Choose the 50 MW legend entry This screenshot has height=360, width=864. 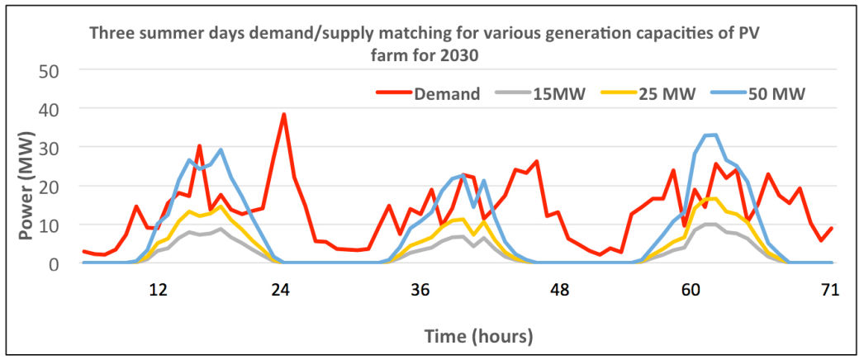pyautogui.click(x=777, y=93)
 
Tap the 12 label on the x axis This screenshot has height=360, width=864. pyautogui.click(x=158, y=290)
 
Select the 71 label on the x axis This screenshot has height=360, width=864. pyautogui.click(x=830, y=290)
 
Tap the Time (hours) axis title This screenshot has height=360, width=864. pyautogui.click(x=478, y=336)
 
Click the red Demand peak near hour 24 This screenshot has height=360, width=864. pyautogui.click(x=283, y=115)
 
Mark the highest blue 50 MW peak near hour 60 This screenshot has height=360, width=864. pyautogui.click(x=715, y=135)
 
